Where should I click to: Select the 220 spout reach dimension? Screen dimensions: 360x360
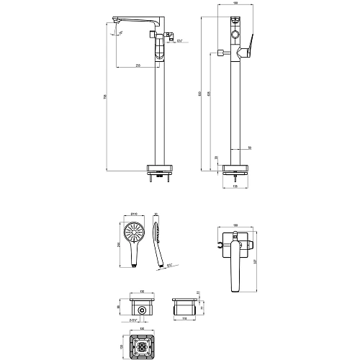click(138, 66)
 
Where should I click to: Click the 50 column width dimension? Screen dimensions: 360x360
click(248, 147)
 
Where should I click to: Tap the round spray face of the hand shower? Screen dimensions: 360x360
click(132, 233)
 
